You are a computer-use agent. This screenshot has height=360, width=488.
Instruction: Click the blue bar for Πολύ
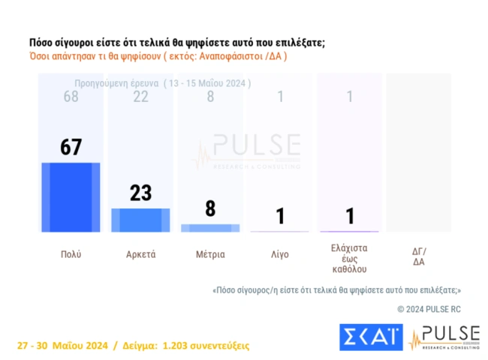tap(71, 196)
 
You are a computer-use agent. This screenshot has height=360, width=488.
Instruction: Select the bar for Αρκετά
tap(140, 220)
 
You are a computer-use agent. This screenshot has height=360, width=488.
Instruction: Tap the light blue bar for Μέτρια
tap(210, 227)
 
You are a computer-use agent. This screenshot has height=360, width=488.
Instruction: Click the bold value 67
tap(71, 148)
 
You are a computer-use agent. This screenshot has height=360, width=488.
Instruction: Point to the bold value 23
tap(140, 193)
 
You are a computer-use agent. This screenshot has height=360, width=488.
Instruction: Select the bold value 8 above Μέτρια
tap(210, 208)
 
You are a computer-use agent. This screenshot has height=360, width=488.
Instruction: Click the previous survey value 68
tap(71, 97)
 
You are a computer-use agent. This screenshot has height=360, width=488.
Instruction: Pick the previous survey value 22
tap(140, 97)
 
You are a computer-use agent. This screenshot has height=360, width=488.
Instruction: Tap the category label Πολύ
tap(71, 254)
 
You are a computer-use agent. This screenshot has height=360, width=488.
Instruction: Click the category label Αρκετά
tap(140, 254)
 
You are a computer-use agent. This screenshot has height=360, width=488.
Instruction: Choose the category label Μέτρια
tap(210, 254)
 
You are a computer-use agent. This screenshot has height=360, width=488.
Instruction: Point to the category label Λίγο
tap(279, 254)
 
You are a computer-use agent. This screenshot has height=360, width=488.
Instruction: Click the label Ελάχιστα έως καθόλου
tap(350, 258)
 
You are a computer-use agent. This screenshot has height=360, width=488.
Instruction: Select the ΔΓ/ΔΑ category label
tap(419, 256)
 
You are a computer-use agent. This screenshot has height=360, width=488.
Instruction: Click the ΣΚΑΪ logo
tap(371, 337)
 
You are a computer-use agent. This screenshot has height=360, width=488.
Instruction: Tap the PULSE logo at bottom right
tap(444, 337)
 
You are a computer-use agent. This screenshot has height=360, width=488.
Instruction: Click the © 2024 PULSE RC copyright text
tap(429, 308)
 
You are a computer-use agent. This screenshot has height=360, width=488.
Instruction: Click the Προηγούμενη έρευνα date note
tap(163, 83)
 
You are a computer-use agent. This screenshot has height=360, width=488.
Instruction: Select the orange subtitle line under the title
tap(158, 56)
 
